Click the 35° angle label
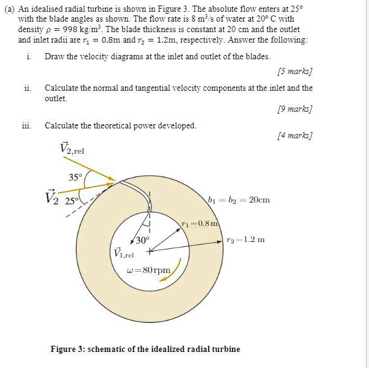point(75,177)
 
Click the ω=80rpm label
point(148,270)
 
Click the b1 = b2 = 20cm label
point(239,199)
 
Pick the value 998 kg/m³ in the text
point(73,30)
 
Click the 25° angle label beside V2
point(72,201)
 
